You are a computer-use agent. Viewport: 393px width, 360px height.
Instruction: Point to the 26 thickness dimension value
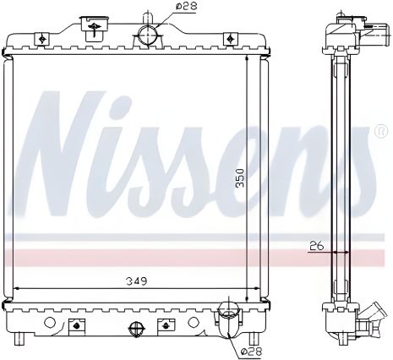317,247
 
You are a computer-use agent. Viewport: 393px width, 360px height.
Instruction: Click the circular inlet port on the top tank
147,35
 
